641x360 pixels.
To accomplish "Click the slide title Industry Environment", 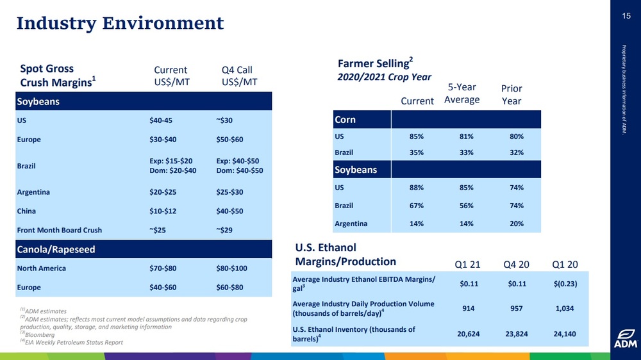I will (120, 24).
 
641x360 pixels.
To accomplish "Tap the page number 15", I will (626, 17).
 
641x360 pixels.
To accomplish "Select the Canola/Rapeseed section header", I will (58, 249).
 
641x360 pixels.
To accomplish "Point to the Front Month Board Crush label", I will (60, 230).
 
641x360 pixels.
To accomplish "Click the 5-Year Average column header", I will (462, 94).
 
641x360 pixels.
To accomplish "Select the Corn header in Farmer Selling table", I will (345, 120).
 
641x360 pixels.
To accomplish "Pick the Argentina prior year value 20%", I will (517, 224).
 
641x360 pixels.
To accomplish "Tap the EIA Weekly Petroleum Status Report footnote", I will (72, 342).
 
